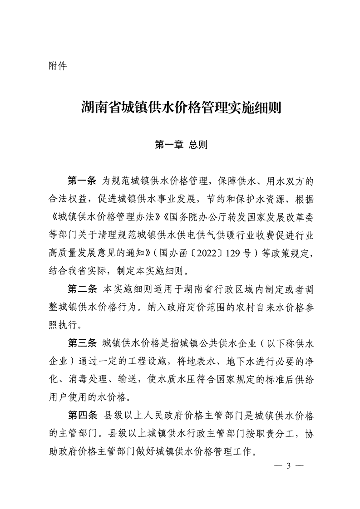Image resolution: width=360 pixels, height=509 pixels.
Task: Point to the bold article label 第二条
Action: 82,289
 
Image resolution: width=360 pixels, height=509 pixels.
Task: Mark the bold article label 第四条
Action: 82,415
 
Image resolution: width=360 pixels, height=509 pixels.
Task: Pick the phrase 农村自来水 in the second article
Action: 256,307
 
